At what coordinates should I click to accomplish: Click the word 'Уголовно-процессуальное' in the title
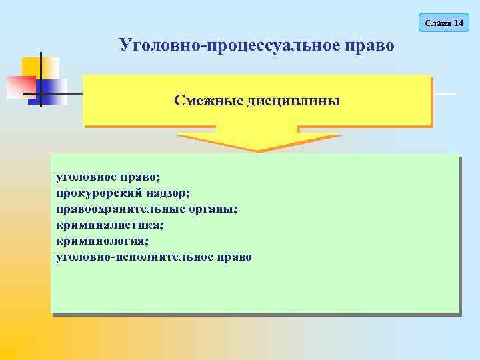click(229, 45)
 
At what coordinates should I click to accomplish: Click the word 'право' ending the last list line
click(233, 256)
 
